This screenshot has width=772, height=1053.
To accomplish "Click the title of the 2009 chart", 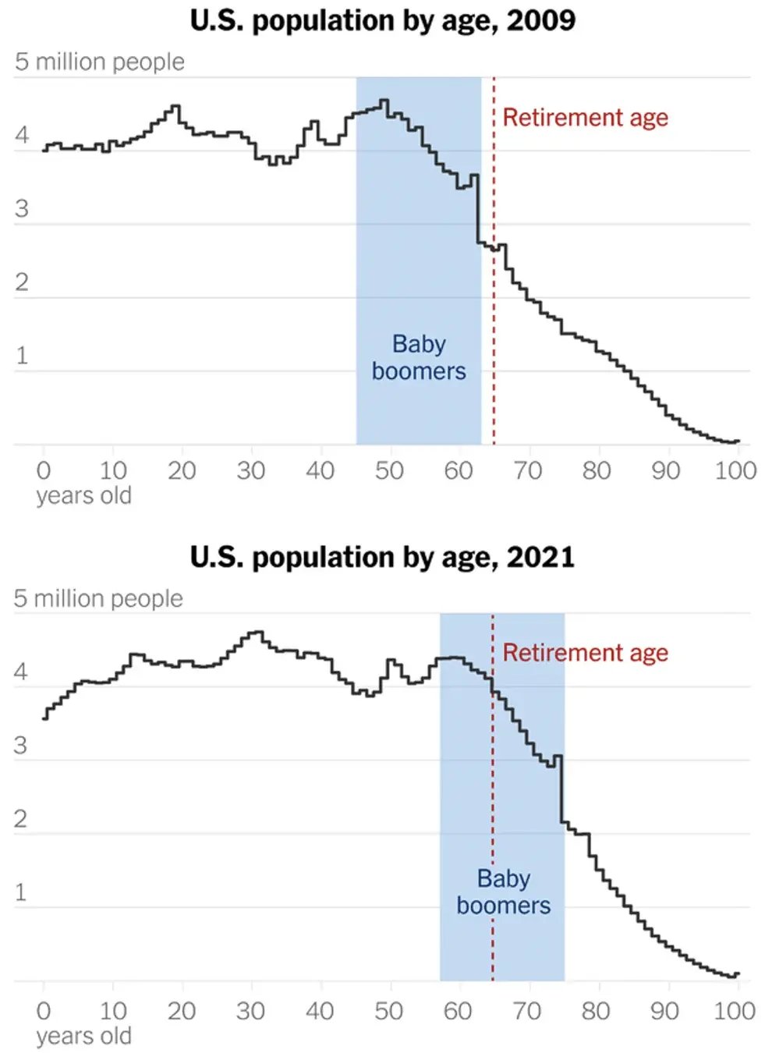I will (382, 21).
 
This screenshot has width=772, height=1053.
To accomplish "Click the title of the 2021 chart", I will (382, 557).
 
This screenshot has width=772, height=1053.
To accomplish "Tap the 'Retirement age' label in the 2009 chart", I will (585, 118).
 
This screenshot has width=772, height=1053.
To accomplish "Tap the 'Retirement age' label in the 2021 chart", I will (585, 653).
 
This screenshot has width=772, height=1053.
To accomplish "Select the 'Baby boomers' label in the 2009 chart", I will (419, 357).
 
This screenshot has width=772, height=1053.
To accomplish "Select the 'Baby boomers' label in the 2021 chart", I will (504, 892).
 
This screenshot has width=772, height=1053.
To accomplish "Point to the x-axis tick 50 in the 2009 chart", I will (389, 470).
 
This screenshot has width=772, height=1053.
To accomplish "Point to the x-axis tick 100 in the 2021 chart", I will (735, 1011).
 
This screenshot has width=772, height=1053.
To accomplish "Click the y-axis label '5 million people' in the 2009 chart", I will (100, 62).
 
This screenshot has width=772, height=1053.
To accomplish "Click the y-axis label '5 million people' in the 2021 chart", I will (98, 598).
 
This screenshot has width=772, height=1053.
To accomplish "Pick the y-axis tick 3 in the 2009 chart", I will (22, 209).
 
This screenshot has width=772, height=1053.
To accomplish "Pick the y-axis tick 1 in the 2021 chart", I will (21, 892).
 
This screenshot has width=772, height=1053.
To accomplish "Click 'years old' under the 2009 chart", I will (83, 495).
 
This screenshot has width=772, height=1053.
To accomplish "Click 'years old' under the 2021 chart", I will (83, 1036).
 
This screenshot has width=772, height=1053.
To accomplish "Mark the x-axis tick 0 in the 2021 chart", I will (44, 1011).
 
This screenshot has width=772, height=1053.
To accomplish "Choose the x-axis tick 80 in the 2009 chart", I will (597, 470).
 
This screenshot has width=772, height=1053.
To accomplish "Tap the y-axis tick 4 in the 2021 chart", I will (21, 672).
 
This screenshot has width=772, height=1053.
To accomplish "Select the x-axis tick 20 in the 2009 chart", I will (182, 470).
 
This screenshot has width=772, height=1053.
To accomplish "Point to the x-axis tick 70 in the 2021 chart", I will (527, 1011).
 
